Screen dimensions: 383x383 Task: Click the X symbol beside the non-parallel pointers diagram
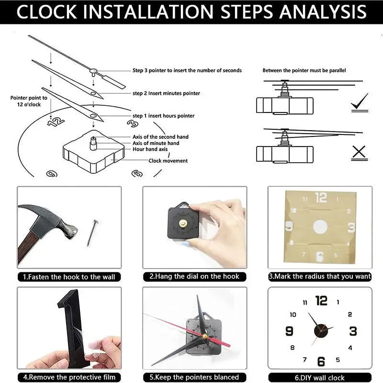359,153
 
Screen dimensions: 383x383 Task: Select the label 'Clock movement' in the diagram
168,161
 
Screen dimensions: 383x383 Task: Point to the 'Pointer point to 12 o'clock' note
29,101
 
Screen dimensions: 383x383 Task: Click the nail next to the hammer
92,232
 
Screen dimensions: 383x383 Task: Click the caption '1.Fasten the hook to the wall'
69,277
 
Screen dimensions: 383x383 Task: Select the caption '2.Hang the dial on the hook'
194,276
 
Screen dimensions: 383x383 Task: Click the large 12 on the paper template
321,197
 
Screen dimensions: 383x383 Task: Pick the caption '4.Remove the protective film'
69,377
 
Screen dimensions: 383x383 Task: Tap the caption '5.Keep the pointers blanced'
194,377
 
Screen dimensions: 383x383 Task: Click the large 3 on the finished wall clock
353,331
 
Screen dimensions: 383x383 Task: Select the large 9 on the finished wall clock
289,331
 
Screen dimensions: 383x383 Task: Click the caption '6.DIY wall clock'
320,377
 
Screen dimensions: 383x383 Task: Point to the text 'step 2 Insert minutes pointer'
166,93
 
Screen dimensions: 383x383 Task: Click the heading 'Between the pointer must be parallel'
304,70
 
